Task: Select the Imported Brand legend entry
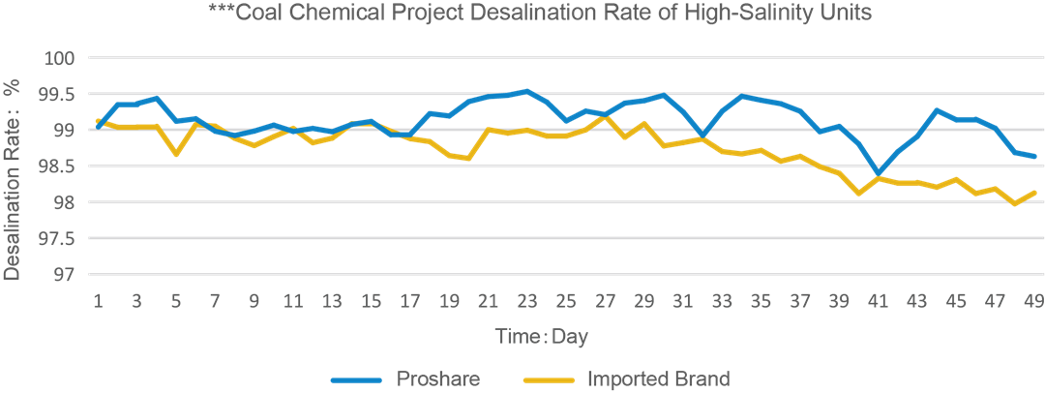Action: [659, 378]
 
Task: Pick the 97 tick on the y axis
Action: [66, 275]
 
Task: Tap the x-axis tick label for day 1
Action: [98, 302]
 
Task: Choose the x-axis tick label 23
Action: [527, 302]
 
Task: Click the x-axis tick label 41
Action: [879, 302]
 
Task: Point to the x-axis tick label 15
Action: [371, 302]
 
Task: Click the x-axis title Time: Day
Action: [542, 336]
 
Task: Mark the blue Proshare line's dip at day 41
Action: [878, 172]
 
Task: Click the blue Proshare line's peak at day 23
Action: [526, 91]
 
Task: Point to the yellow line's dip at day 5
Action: [175, 154]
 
